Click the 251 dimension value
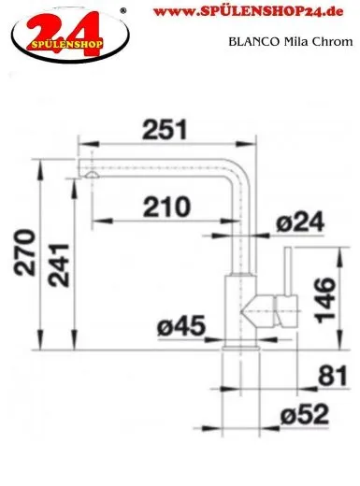click(x=165, y=129)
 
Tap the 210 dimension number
click(x=166, y=207)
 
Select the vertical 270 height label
click(x=24, y=252)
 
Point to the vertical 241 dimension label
click(x=58, y=265)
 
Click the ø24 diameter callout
click(x=300, y=222)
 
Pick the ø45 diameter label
click(x=181, y=326)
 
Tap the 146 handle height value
click(x=325, y=300)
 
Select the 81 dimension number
click(x=332, y=376)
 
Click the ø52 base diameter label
click(x=305, y=414)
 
